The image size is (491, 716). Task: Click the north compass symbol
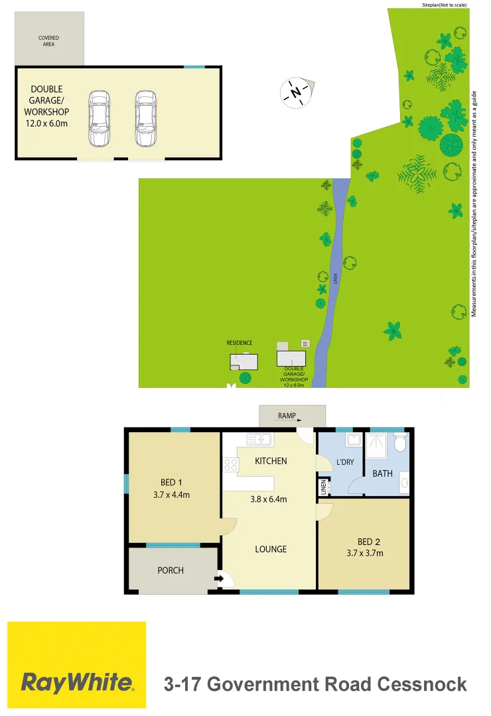pyautogui.click(x=296, y=92)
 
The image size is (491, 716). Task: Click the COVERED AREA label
pyautogui.click(x=48, y=41)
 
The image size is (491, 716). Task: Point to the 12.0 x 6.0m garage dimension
pyautogui.click(x=46, y=123)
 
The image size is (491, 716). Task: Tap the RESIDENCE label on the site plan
pyautogui.click(x=240, y=343)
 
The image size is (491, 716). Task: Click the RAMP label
pyautogui.click(x=287, y=416)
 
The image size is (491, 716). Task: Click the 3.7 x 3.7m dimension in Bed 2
pyautogui.click(x=365, y=554)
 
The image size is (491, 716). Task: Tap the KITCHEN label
pyautogui.click(x=271, y=461)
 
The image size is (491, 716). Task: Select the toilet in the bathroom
pyautogui.click(x=400, y=441)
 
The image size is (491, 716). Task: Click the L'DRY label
pyautogui.click(x=346, y=462)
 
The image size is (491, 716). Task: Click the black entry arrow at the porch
pyautogui.click(x=219, y=579)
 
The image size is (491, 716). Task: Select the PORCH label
pyautogui.click(x=171, y=570)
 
